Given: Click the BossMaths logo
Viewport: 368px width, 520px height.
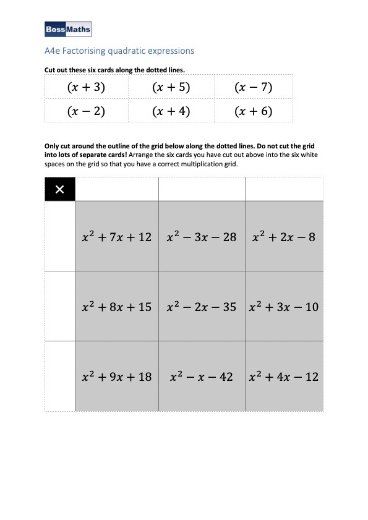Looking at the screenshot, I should (x=68, y=29).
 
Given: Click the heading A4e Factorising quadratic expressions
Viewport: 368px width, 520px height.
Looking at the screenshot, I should (x=119, y=51).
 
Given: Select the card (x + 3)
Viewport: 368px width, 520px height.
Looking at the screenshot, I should (x=85, y=87).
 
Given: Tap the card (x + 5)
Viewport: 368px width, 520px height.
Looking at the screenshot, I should (x=171, y=87).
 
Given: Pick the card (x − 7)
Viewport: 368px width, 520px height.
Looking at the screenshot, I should (x=254, y=87).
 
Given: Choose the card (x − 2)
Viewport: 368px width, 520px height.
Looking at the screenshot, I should (x=85, y=111).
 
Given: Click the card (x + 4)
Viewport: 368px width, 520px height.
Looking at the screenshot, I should (x=171, y=111).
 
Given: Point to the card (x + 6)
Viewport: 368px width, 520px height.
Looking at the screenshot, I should (x=254, y=111).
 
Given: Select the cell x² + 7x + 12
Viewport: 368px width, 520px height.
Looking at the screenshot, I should (x=116, y=237).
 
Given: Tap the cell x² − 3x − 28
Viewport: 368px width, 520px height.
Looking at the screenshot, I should (x=202, y=237).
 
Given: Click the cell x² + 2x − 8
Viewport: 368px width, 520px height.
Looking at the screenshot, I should (x=284, y=237).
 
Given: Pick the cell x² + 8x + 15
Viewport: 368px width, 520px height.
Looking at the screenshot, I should (x=116, y=307).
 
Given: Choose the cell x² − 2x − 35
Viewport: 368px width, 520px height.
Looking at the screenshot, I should (x=202, y=307).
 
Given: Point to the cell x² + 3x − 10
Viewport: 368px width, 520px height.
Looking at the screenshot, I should (x=284, y=307).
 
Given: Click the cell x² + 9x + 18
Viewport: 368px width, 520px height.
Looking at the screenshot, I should (x=116, y=376).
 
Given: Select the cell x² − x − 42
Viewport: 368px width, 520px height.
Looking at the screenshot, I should (x=202, y=376).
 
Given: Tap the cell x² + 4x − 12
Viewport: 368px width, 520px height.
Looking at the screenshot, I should (x=284, y=376).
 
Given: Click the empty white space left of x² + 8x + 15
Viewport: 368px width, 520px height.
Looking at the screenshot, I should (x=60, y=306).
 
